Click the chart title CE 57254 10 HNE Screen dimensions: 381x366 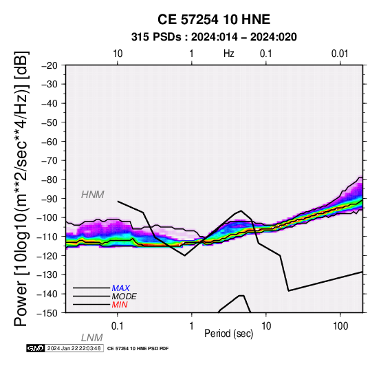click(x=214, y=19)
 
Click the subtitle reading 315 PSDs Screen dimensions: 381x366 click(x=156, y=37)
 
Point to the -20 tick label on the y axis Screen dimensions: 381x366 click(x=50, y=65)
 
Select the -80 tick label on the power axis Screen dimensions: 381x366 click(x=50, y=180)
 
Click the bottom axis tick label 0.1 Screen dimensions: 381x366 click(x=118, y=326)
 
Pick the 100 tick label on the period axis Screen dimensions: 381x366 click(x=340, y=326)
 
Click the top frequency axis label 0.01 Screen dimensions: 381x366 click(x=340, y=54)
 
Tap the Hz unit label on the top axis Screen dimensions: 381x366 click(x=229, y=54)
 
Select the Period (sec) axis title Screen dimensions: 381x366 click(x=228, y=334)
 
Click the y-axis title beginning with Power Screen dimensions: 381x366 click(x=21, y=189)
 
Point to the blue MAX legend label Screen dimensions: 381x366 click(x=120, y=288)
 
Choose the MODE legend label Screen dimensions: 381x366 click(x=124, y=297)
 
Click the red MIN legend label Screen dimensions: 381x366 click(x=120, y=305)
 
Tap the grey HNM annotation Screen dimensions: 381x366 click(x=93, y=195)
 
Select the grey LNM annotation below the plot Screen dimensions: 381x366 click(x=92, y=338)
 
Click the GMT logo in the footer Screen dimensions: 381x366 click(x=35, y=348)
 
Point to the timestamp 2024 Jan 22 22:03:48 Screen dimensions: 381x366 click(x=74, y=348)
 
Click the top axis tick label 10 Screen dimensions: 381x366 click(x=118, y=54)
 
